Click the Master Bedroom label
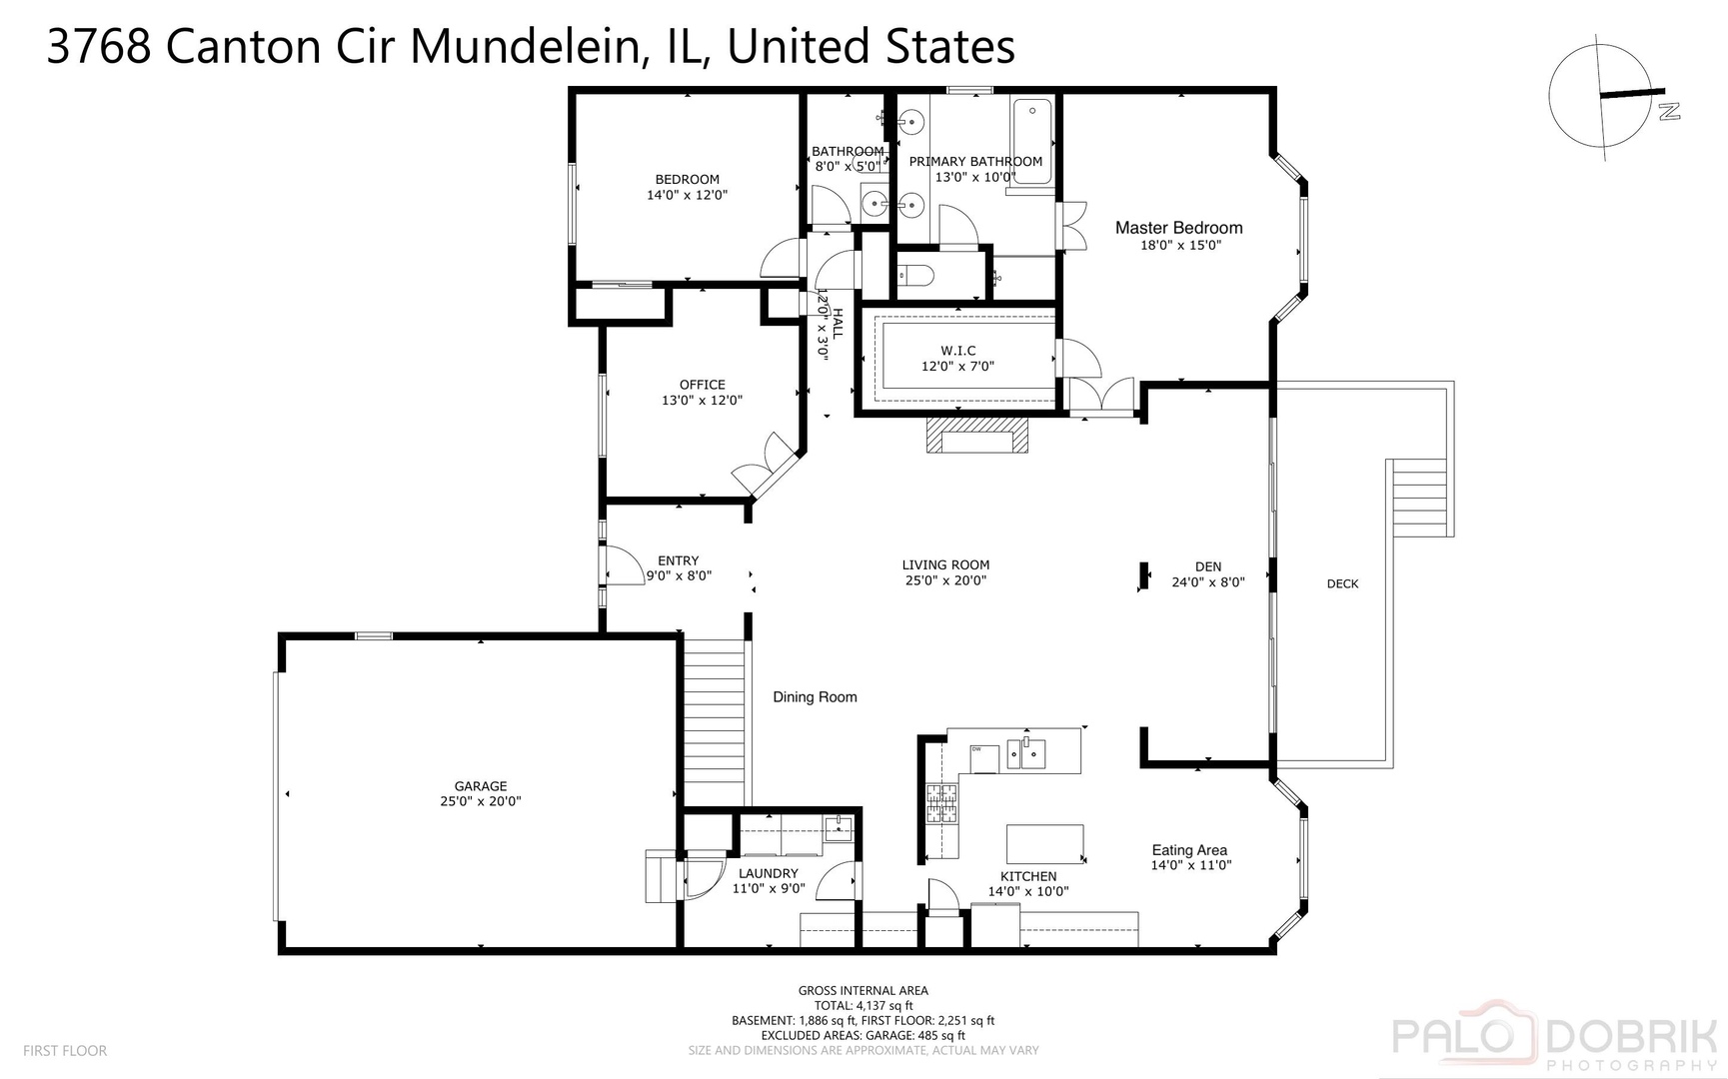tap(1178, 228)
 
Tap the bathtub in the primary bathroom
tap(1032, 142)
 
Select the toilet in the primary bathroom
tap(915, 274)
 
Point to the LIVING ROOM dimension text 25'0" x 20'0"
tap(944, 580)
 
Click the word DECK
tap(1342, 583)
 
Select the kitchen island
tap(1044, 843)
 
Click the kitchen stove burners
tap(940, 803)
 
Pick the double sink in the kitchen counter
tap(1026, 752)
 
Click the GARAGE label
tap(481, 786)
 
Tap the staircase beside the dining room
tap(714, 721)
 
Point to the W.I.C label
tap(957, 351)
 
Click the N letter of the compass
tap(1667, 111)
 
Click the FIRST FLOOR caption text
tap(65, 1051)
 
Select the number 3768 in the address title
tap(99, 47)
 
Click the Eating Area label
tap(1189, 850)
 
